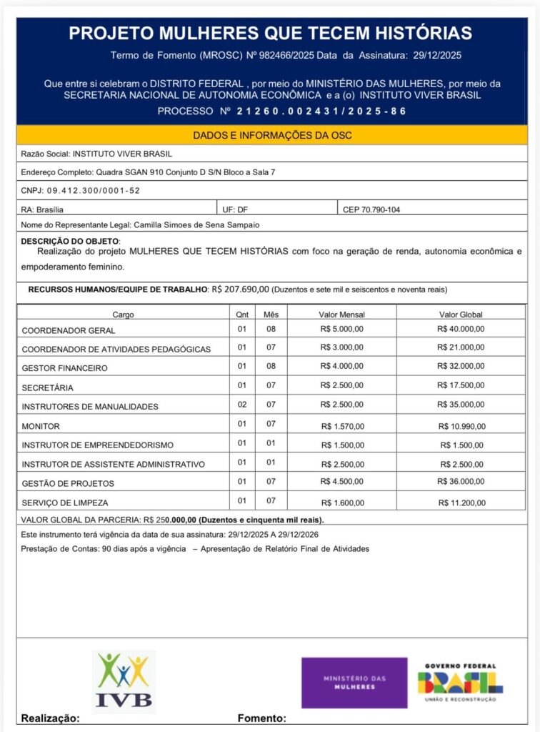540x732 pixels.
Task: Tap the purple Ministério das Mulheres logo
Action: click(x=354, y=683)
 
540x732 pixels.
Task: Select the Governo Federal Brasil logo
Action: click(x=460, y=683)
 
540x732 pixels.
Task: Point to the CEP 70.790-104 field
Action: click(x=371, y=209)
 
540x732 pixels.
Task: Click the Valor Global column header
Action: click(x=461, y=315)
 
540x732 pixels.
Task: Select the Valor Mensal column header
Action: click(x=342, y=315)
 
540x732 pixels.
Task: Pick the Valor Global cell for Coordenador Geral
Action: click(x=461, y=330)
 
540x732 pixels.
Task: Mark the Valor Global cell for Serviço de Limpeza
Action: click(x=461, y=502)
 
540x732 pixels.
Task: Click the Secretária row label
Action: click(x=47, y=387)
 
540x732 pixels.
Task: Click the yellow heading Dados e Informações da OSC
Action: click(x=272, y=136)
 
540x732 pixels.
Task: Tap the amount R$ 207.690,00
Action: click(x=240, y=290)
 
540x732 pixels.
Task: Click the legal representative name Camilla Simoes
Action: click(x=196, y=224)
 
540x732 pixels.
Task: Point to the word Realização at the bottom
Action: click(x=51, y=718)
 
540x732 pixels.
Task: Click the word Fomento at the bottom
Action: click(x=261, y=718)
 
